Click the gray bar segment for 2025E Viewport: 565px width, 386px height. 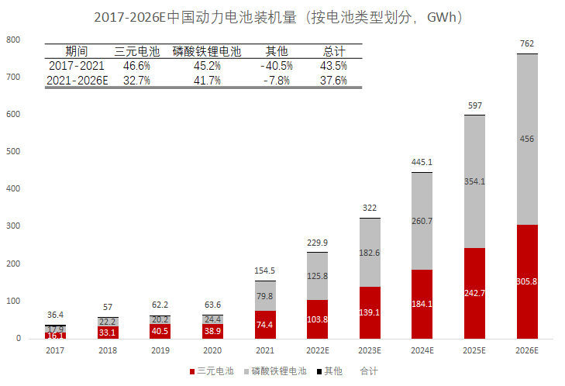(x=474, y=181)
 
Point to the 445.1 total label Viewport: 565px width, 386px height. (x=422, y=162)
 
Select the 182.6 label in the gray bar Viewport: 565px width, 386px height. (x=369, y=253)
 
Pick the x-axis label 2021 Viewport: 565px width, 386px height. (x=264, y=350)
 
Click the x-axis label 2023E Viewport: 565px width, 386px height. (x=369, y=350)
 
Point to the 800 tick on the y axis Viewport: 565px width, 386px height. (x=14, y=40)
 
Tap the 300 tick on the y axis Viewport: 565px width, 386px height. (x=14, y=226)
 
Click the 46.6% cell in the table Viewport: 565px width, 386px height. (x=136, y=66)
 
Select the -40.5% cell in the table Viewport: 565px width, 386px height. (x=277, y=66)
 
